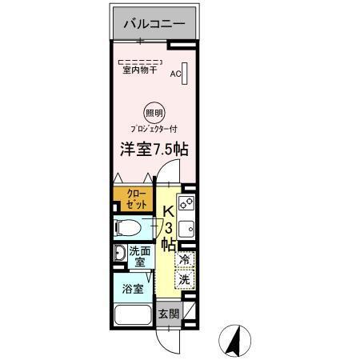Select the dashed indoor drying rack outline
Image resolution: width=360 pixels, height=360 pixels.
click(139, 62)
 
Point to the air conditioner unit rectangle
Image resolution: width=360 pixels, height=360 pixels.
click(185, 73)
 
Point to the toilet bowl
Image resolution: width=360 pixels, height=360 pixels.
click(127, 228)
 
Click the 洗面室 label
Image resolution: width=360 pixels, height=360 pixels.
click(138, 257)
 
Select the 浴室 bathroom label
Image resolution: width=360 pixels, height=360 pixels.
click(133, 287)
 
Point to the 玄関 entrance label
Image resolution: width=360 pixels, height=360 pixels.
click(167, 313)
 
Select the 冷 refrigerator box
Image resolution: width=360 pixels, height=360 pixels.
click(184, 259)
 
